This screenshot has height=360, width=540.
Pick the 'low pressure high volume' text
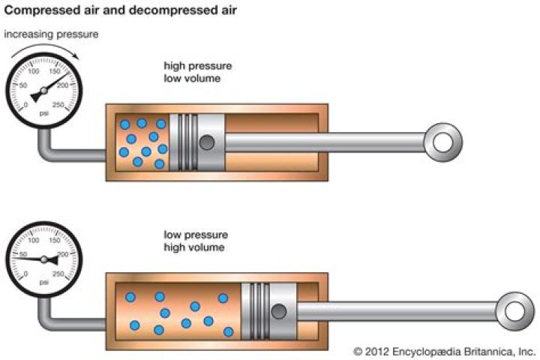click(193, 241)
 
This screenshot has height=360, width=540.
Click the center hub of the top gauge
click(43, 90)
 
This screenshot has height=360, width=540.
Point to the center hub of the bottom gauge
click(43, 259)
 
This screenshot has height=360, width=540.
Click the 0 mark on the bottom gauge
click(26, 276)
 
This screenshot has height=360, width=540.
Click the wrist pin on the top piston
click(206, 142)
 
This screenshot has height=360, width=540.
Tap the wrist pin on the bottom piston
click(279, 310)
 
